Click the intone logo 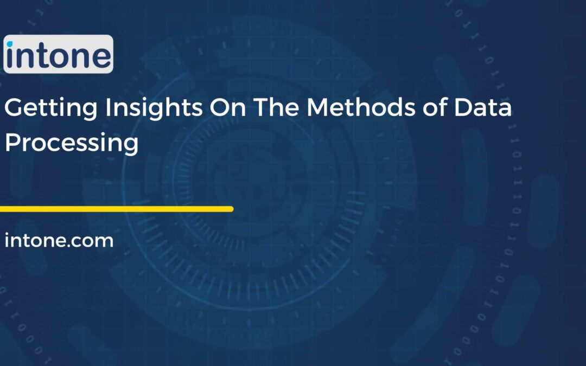pyautogui.click(x=58, y=54)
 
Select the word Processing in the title pyautogui.click(x=71, y=143)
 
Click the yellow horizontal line pyautogui.click(x=117, y=209)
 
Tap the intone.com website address pyautogui.click(x=59, y=240)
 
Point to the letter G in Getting pyautogui.click(x=14, y=108)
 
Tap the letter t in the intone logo pyautogui.click(x=41, y=56)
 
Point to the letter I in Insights pyautogui.click(x=108, y=108)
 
